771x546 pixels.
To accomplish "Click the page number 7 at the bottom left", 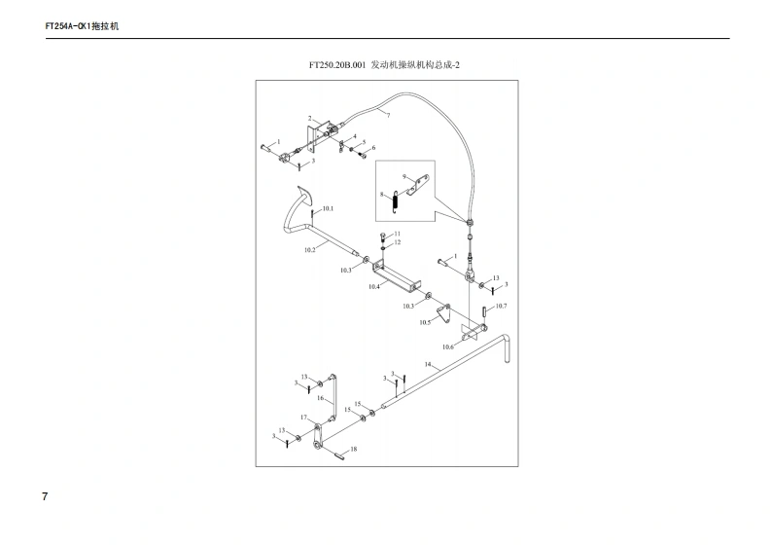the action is click(45, 496).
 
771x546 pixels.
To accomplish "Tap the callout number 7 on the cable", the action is click(387, 115).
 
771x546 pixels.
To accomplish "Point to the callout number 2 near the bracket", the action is click(310, 119).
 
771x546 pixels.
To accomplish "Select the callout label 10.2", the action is click(308, 250).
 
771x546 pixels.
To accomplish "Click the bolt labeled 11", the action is click(385, 235).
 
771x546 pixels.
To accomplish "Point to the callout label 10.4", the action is click(373, 287).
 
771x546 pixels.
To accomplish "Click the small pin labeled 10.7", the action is click(484, 312).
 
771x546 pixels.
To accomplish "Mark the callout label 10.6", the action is click(448, 346).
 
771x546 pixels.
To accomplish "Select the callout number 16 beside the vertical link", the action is click(319, 398).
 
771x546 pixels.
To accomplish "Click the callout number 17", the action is click(303, 418).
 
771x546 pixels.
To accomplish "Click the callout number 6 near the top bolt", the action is click(372, 148).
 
